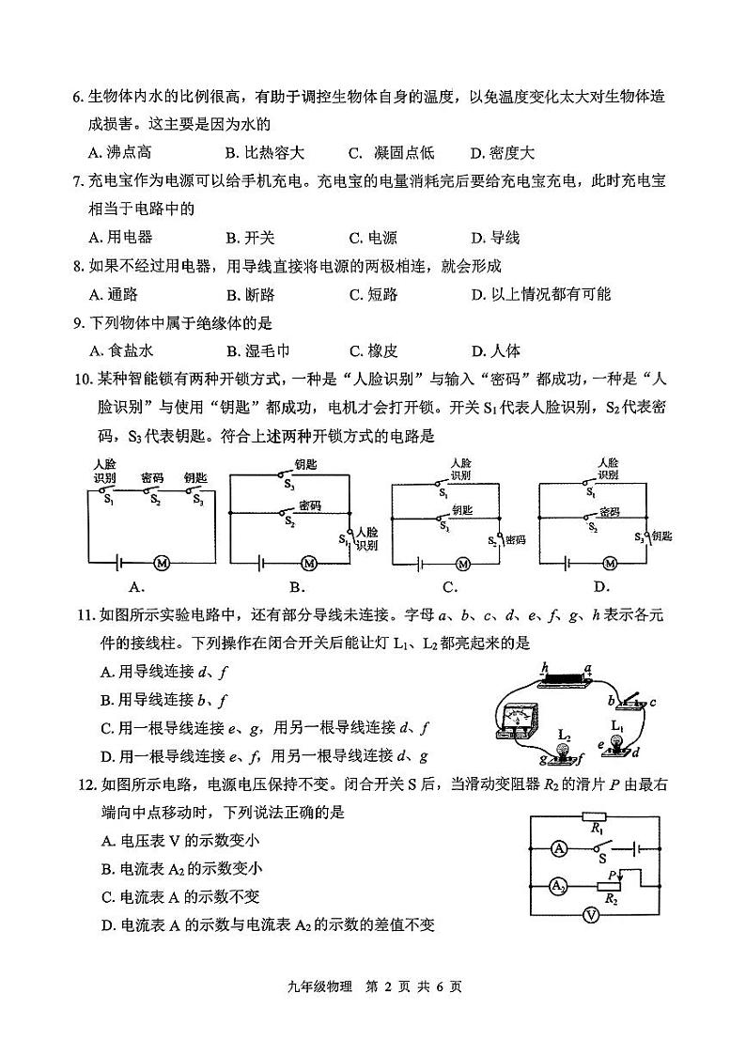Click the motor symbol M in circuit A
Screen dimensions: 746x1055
[x=161, y=562]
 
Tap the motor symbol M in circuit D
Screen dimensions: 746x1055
[x=610, y=563]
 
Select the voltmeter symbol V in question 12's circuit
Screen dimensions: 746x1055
[x=591, y=915]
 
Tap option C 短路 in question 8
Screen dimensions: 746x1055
[x=373, y=295]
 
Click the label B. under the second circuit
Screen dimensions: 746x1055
[x=298, y=588]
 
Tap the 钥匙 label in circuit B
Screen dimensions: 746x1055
[x=305, y=464]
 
